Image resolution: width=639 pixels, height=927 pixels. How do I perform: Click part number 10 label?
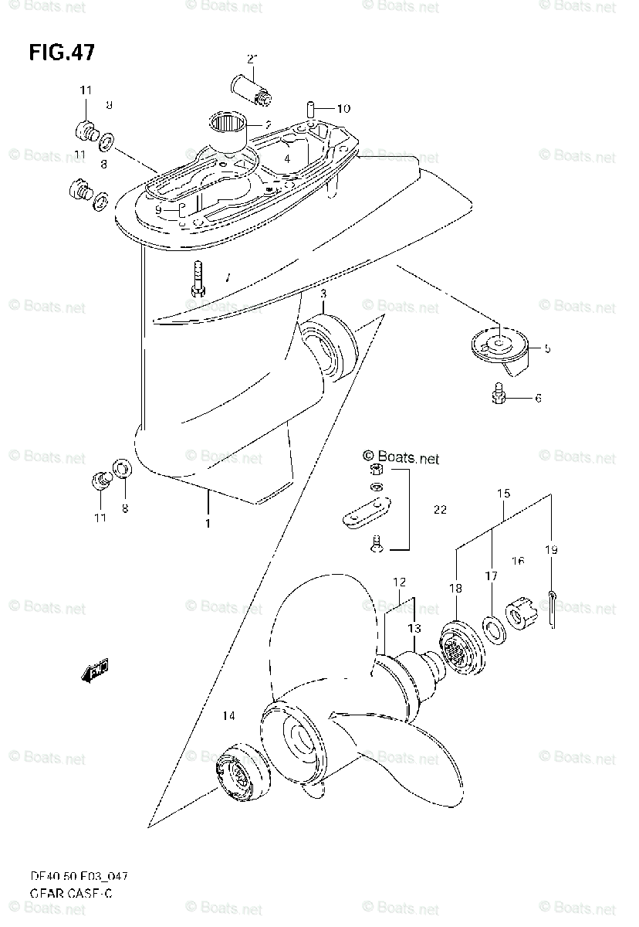tap(343, 109)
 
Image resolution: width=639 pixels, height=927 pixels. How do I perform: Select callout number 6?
tap(538, 399)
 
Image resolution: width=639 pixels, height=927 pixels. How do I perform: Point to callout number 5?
tap(546, 348)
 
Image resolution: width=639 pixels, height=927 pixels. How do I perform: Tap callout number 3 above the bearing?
tap(324, 294)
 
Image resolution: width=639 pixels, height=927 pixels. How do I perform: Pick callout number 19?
tap(551, 550)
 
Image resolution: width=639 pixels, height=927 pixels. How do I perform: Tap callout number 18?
tap(455, 588)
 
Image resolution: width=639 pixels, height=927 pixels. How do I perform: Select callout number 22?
tap(440, 509)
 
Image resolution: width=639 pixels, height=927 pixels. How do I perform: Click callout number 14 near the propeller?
tap(228, 716)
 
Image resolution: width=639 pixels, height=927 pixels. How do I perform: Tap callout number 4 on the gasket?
tap(286, 158)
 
